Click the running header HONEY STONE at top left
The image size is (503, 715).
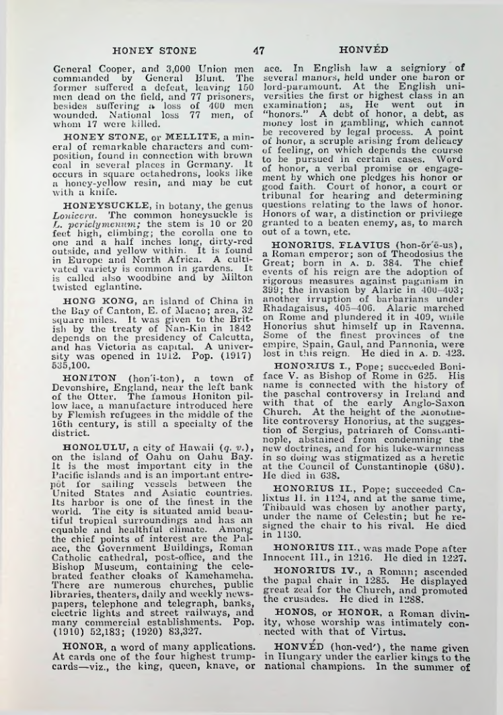pos(155,50)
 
